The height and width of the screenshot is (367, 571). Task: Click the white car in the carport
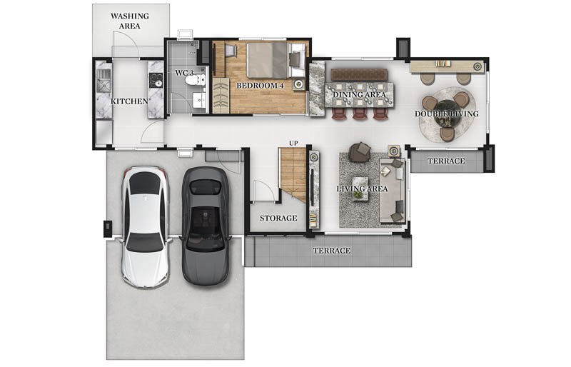[x=146, y=227]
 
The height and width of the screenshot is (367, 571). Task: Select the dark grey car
[x=206, y=226]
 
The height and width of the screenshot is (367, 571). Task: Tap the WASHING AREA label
[x=130, y=21]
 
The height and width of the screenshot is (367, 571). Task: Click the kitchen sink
[x=103, y=81]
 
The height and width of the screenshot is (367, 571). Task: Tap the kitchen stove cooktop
[x=156, y=80]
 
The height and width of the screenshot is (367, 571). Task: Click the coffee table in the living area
[x=361, y=188]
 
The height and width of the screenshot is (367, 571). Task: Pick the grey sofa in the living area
[x=392, y=191]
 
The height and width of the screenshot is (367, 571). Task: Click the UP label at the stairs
[x=293, y=144]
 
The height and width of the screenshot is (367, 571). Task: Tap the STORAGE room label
[x=278, y=218]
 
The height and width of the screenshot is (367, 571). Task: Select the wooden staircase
[x=293, y=174]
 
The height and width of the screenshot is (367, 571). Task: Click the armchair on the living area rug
[x=360, y=152]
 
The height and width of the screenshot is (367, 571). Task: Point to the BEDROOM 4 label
[x=260, y=86]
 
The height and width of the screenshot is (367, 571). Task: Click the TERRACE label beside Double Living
[x=446, y=161]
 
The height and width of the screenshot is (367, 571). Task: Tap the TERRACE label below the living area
[x=332, y=251]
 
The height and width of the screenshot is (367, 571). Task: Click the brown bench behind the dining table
[x=359, y=74]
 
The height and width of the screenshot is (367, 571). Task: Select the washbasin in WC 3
[x=199, y=100]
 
